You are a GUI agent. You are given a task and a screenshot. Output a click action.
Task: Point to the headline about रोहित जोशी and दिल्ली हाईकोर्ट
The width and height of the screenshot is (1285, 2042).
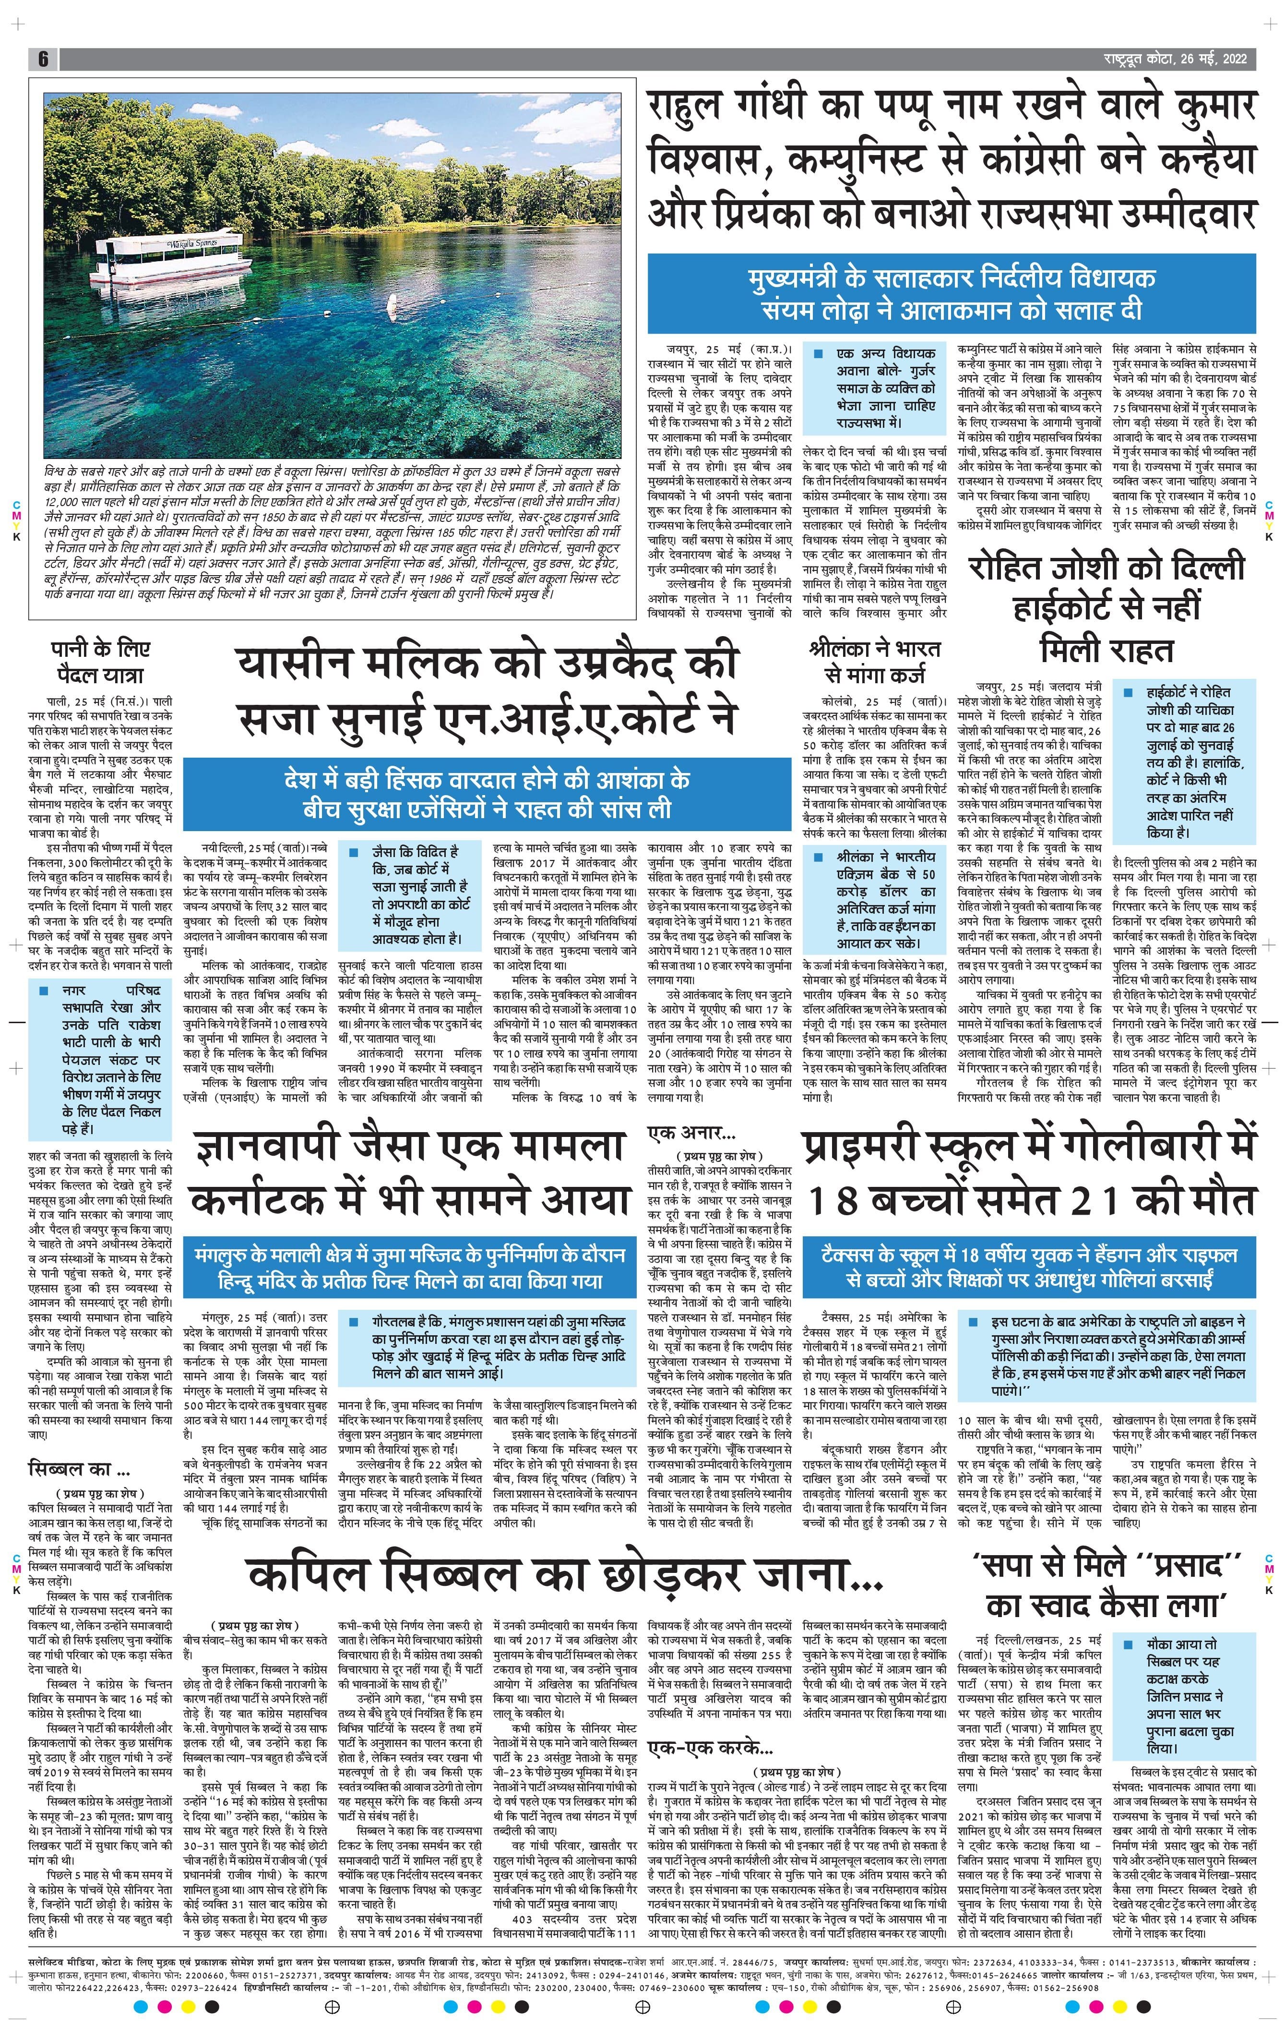(x=1107, y=607)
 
